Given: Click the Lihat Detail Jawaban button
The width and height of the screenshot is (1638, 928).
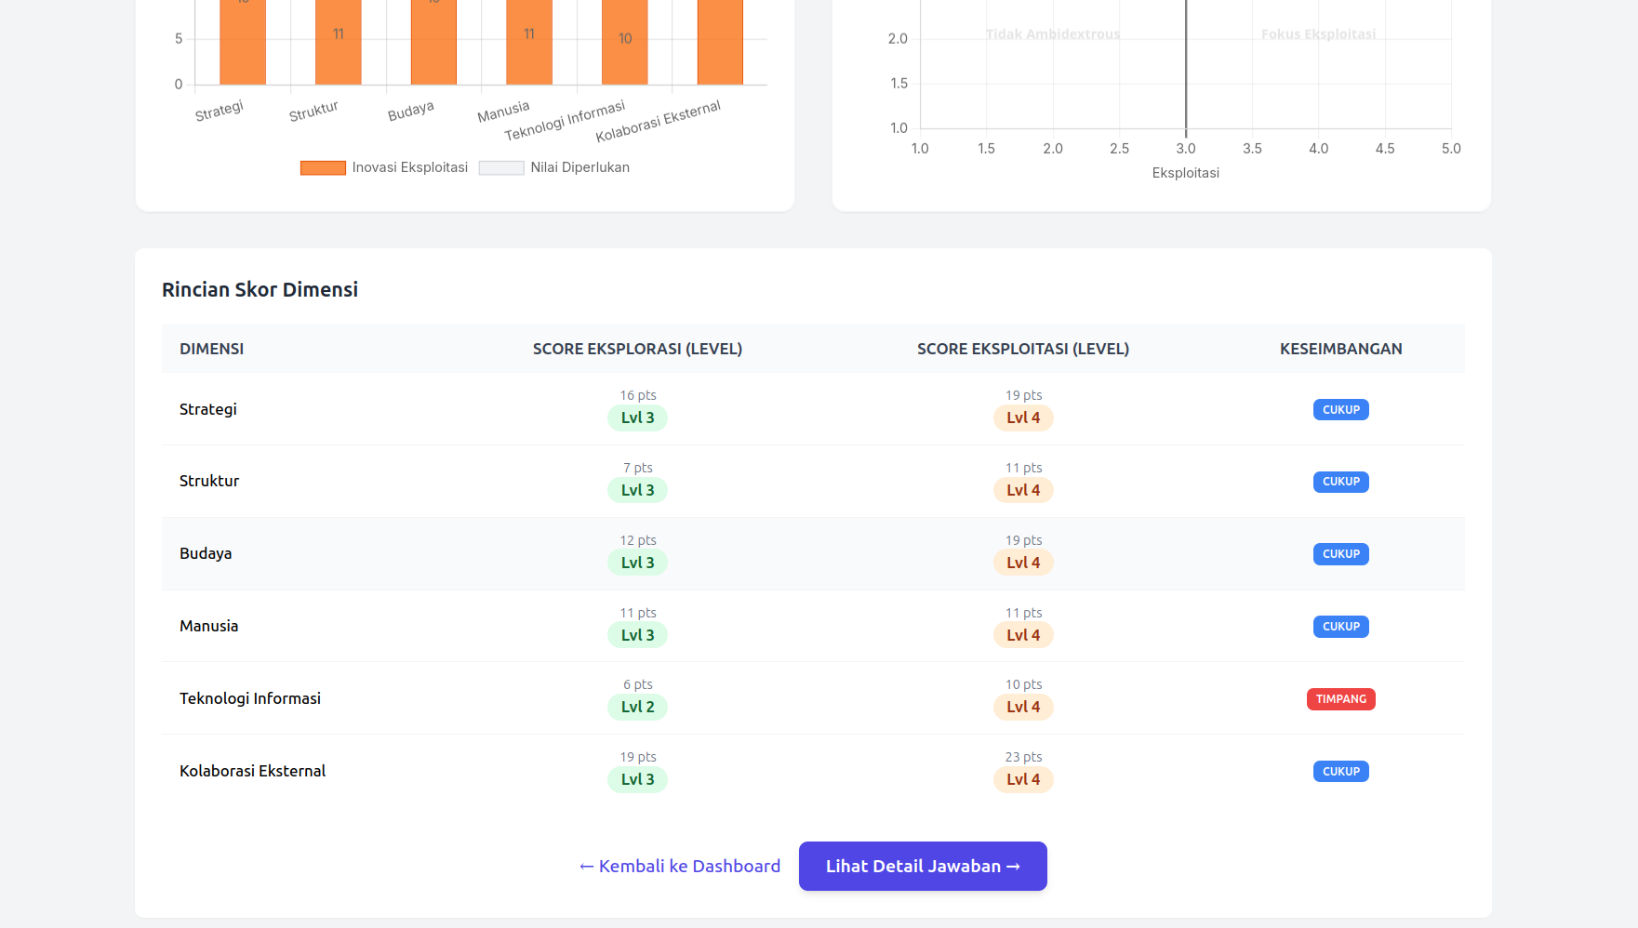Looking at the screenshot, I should [x=923, y=866].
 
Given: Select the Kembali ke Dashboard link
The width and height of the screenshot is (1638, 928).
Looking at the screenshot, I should [x=680, y=866].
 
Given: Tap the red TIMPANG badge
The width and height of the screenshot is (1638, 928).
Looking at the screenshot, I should [x=1340, y=699].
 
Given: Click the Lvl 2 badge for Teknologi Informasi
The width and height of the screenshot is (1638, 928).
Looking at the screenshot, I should [x=637, y=707].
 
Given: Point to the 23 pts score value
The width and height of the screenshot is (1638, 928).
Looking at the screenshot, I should [x=1023, y=757].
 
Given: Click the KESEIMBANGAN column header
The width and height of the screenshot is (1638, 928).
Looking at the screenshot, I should [x=1340, y=349].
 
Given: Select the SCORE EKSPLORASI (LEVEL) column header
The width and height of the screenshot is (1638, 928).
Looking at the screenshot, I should [x=637, y=349].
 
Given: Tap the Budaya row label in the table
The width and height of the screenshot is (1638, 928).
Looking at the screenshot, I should [x=206, y=553].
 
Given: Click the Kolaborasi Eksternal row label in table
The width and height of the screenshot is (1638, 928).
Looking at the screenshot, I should [x=252, y=771].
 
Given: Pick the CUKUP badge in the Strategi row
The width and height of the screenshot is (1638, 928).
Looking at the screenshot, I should [x=1340, y=410].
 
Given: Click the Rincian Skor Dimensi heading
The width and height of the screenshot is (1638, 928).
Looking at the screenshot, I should [x=260, y=289].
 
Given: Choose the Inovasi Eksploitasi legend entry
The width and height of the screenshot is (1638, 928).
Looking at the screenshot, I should [x=384, y=167].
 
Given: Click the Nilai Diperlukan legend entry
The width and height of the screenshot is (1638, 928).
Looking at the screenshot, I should [x=554, y=167].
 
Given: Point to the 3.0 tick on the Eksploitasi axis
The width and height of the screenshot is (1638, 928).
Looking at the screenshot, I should [x=1185, y=149].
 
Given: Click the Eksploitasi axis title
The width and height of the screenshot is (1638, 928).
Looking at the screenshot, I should [x=1185, y=173].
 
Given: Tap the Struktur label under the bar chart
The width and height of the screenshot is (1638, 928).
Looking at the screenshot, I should [x=313, y=112].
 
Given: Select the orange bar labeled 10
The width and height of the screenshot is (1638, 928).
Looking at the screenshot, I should [x=625, y=42].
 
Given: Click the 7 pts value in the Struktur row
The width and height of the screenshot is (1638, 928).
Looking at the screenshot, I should [x=637, y=468].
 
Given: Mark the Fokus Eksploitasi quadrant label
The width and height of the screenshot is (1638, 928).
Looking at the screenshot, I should [x=1318, y=34].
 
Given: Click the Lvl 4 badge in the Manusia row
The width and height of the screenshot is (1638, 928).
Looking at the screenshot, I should [x=1023, y=635].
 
